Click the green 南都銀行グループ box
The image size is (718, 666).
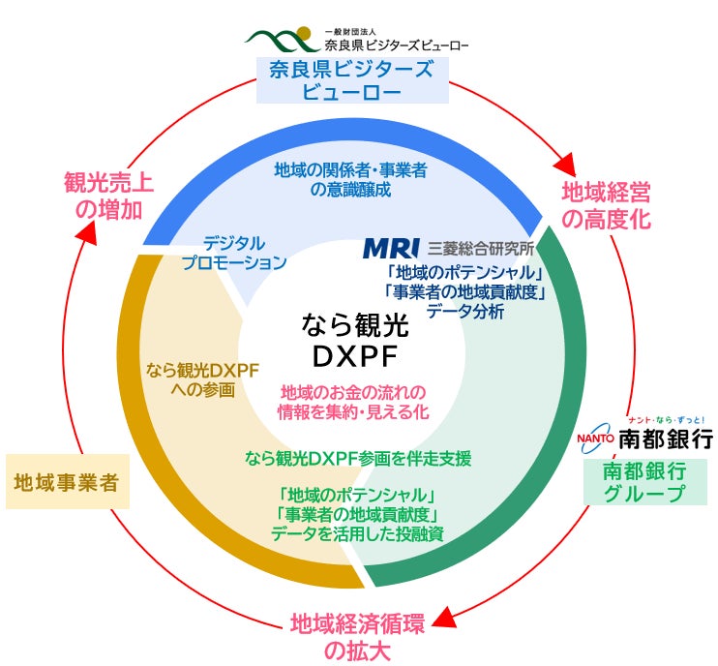coord(643,481)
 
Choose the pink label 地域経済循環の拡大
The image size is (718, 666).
coord(357,635)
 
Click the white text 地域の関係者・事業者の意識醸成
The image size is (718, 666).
coord(350,179)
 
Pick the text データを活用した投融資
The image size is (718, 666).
coord(358,533)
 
